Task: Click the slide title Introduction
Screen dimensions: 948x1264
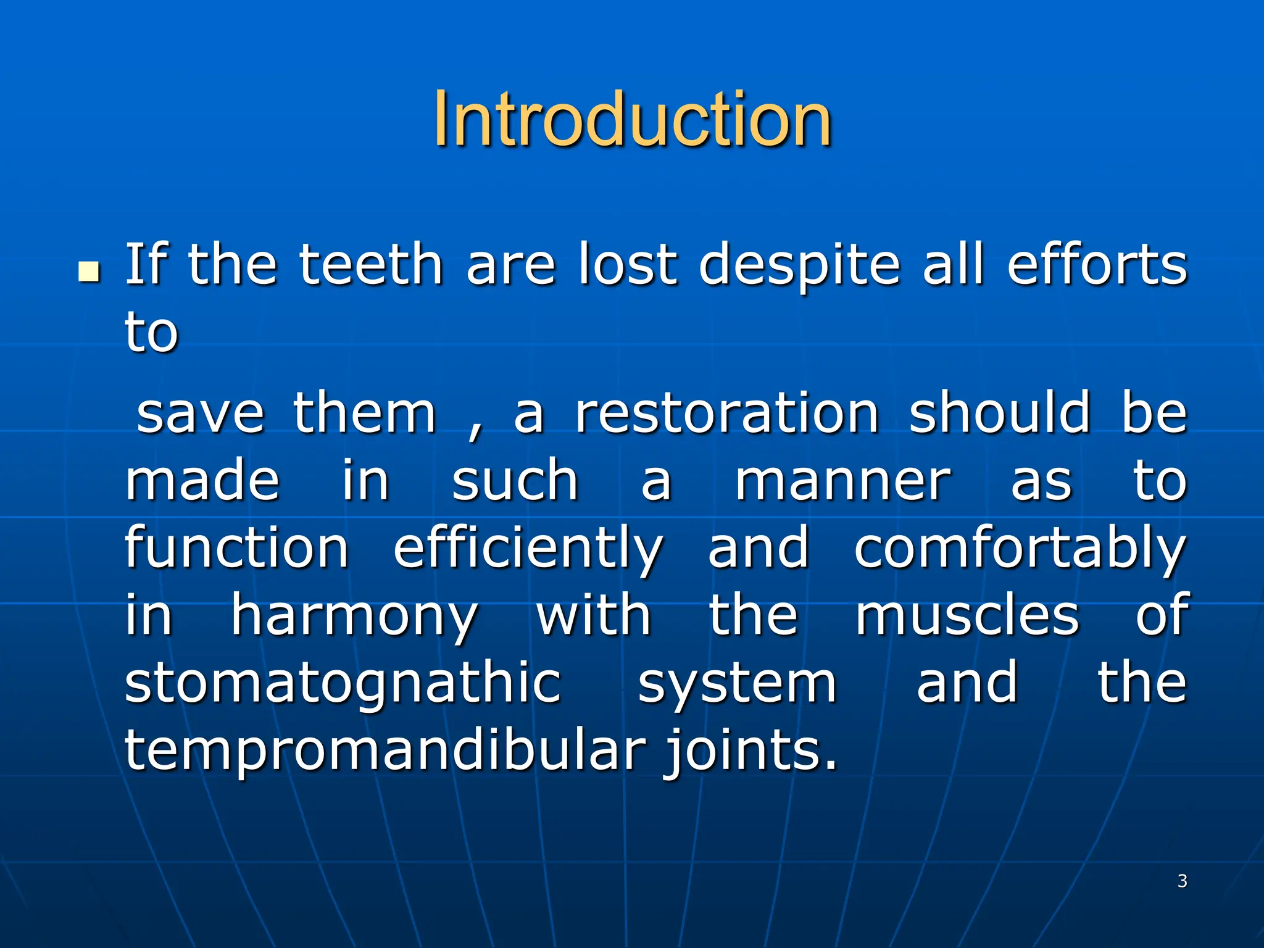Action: [632, 118]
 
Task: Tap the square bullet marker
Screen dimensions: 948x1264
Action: [89, 272]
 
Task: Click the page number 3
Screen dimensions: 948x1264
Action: [1182, 881]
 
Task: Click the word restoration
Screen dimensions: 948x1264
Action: [726, 413]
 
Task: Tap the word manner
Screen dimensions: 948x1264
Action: [842, 481]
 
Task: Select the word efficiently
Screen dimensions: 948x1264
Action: [528, 549]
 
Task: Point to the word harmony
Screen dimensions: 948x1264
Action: [354, 617]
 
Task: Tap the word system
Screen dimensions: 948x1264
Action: [737, 685]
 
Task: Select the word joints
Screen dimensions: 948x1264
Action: [750, 752]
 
